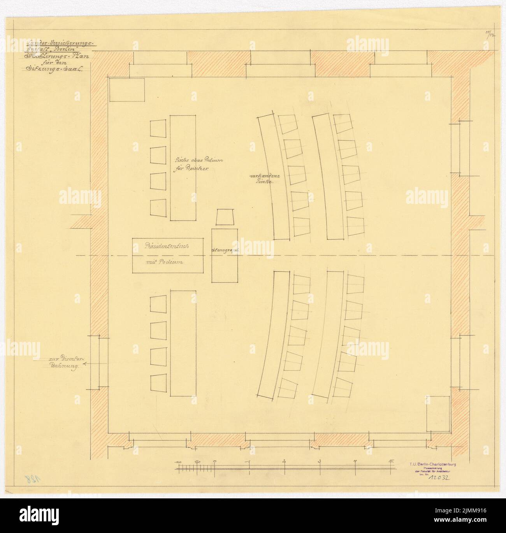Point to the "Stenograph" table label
[x=225, y=251]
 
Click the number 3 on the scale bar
[x=319, y=462]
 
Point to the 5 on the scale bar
[x=390, y=462]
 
